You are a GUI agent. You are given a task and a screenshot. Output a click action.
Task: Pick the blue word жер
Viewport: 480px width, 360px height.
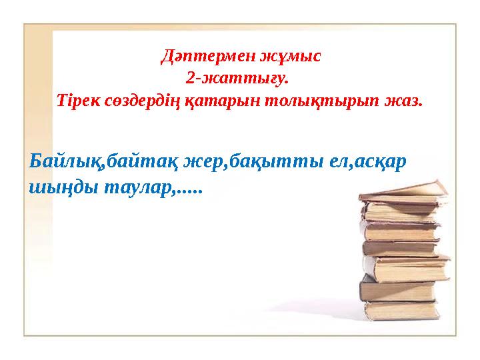(x=203, y=161)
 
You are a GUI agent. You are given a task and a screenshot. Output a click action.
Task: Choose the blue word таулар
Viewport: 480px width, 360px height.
(x=138, y=189)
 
